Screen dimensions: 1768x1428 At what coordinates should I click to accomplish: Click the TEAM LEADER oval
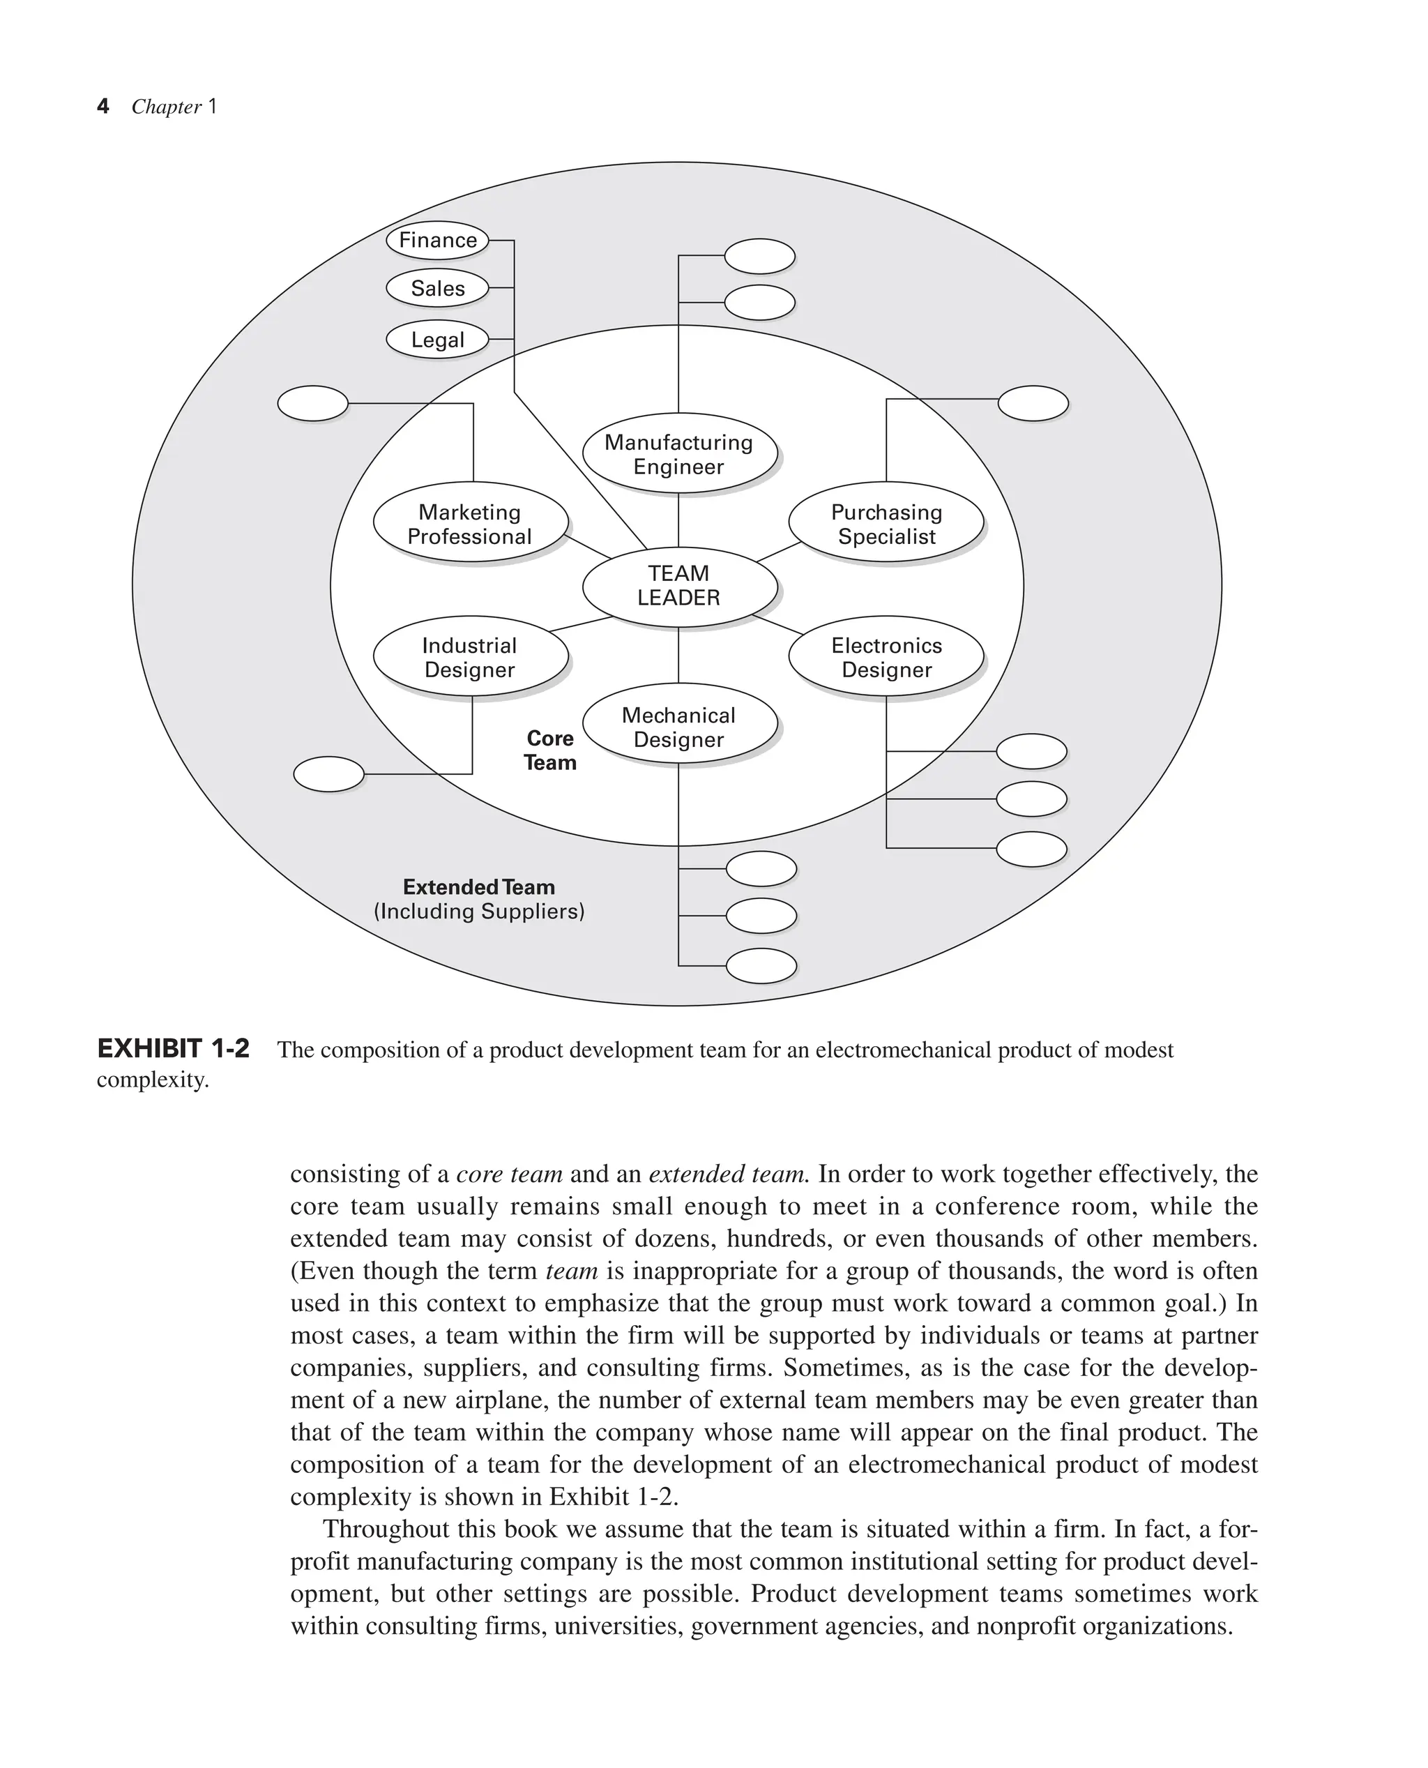[678, 586]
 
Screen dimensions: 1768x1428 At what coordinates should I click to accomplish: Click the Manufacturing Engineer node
[678, 454]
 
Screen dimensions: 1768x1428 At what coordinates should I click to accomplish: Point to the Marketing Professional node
[470, 523]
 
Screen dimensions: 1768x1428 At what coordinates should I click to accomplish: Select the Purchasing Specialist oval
[886, 523]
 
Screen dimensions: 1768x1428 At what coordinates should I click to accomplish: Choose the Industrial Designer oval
[470, 656]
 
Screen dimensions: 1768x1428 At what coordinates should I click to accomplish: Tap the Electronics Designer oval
[886, 656]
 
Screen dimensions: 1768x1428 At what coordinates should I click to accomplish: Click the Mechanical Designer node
[678, 725]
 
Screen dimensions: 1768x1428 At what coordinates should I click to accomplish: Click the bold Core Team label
[549, 750]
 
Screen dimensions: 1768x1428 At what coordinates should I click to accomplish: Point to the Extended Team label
[479, 887]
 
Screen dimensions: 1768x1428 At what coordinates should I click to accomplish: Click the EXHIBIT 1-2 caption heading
[173, 1049]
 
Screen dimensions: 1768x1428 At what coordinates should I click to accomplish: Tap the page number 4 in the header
[102, 106]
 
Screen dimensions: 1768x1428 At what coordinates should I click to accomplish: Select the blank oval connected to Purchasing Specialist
[1033, 403]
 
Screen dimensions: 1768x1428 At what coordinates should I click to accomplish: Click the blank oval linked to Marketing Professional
[312, 403]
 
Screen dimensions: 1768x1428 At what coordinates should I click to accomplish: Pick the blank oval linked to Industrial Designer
[328, 773]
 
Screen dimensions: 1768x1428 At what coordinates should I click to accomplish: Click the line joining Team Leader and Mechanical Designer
[678, 655]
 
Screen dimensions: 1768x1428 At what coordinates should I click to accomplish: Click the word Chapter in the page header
[166, 107]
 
